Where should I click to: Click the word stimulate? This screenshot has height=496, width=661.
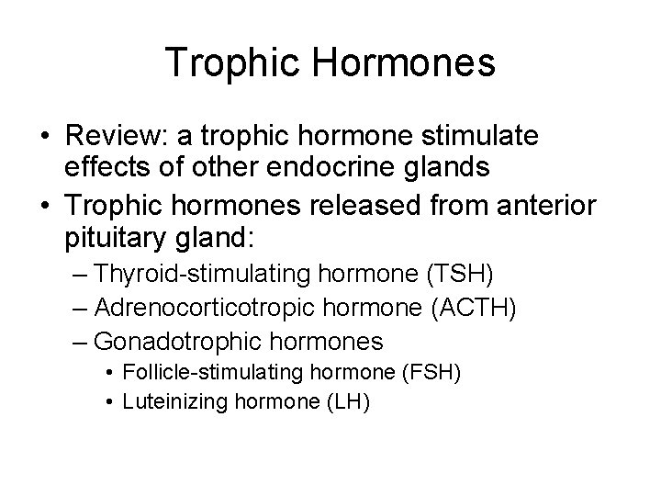tap(482, 137)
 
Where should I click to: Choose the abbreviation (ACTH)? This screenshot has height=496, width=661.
tap(474, 308)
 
